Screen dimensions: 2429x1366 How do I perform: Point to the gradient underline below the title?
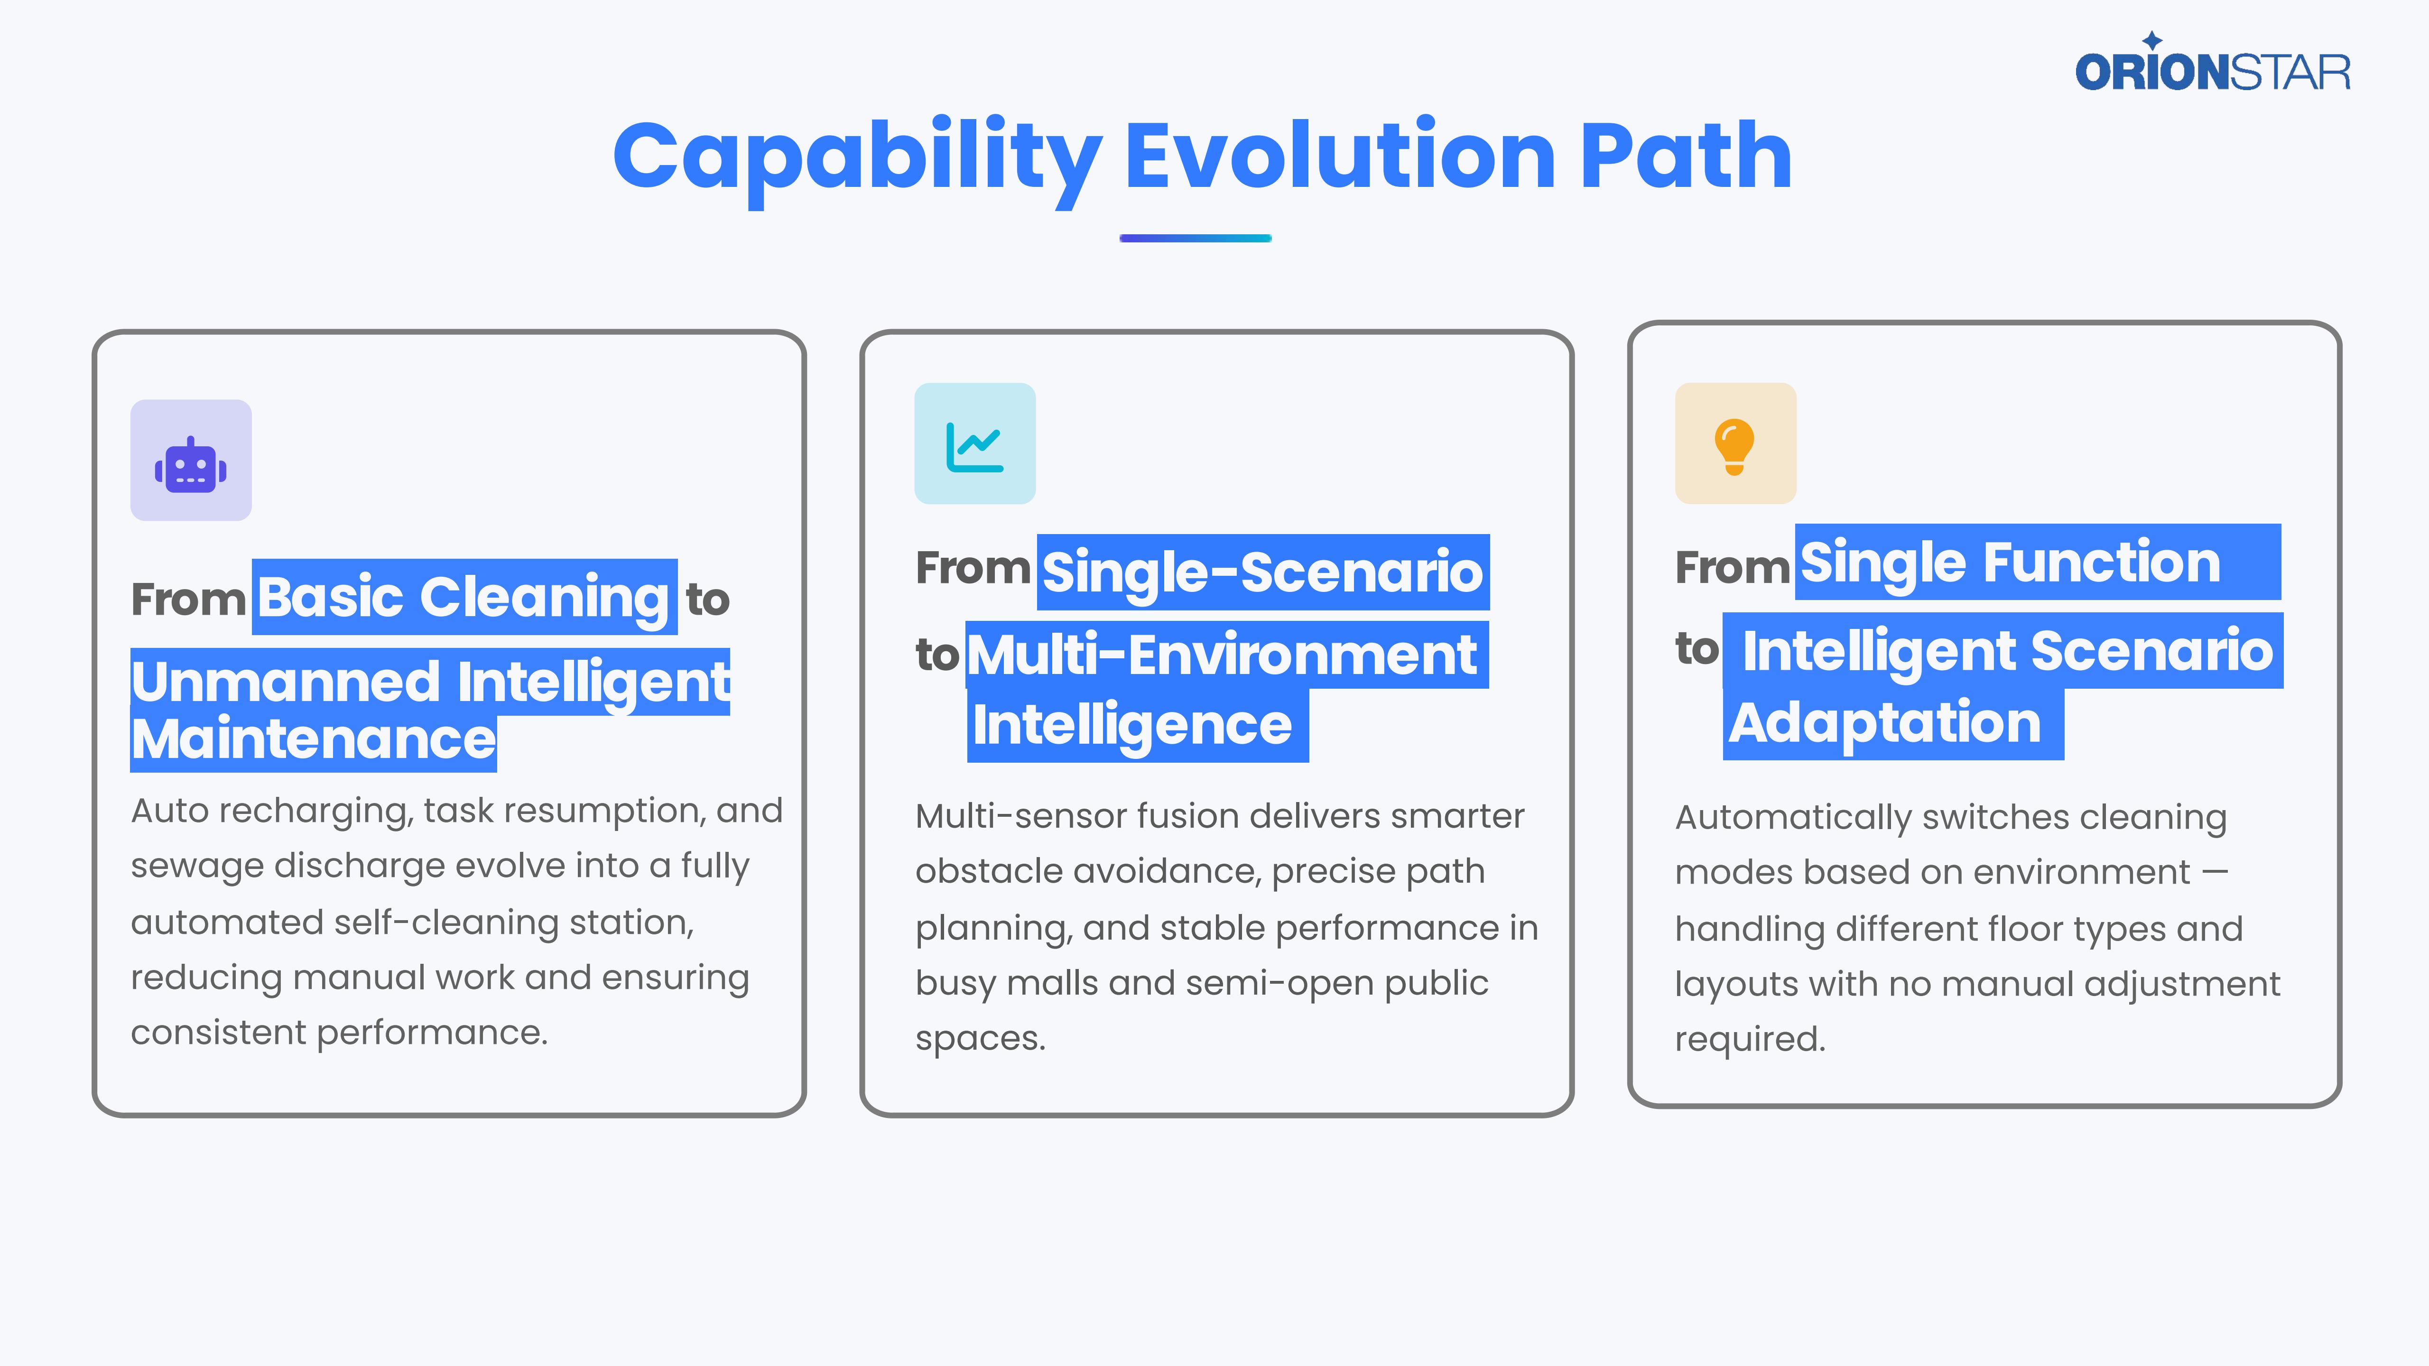point(1196,239)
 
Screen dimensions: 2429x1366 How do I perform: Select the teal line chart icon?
point(975,447)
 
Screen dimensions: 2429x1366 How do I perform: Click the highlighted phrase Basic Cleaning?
point(464,598)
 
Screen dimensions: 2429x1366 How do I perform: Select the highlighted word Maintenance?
point(313,739)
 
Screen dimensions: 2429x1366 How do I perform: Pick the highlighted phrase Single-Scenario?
point(1262,571)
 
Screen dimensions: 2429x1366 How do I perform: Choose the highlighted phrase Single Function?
point(2011,563)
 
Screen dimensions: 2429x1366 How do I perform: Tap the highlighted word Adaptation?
point(1886,724)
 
